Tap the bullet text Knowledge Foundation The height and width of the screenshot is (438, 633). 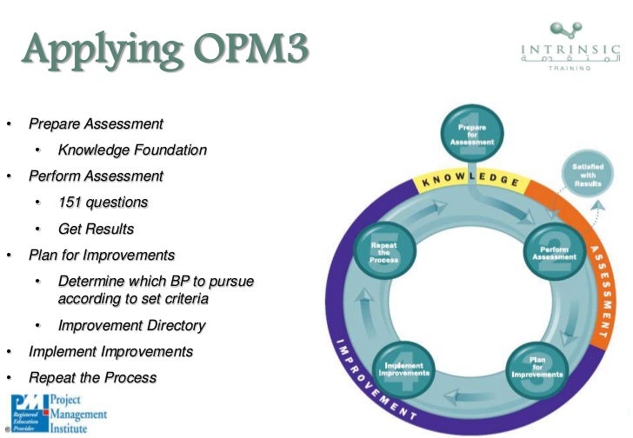(132, 150)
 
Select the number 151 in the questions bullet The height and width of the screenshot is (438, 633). (71, 202)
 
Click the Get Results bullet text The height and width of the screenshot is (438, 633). (96, 229)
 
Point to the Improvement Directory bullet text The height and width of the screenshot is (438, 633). (131, 326)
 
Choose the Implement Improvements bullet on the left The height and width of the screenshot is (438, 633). (110, 352)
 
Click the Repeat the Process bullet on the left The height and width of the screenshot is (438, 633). (92, 378)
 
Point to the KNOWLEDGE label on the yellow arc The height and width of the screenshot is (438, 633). (470, 182)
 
